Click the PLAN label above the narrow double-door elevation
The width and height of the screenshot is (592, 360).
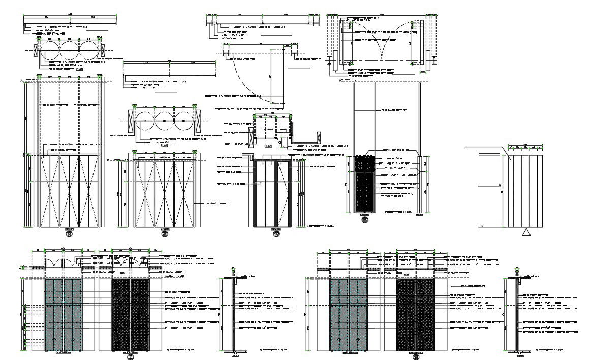click(x=269, y=145)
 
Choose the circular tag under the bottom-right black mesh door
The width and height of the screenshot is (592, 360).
click(x=416, y=357)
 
